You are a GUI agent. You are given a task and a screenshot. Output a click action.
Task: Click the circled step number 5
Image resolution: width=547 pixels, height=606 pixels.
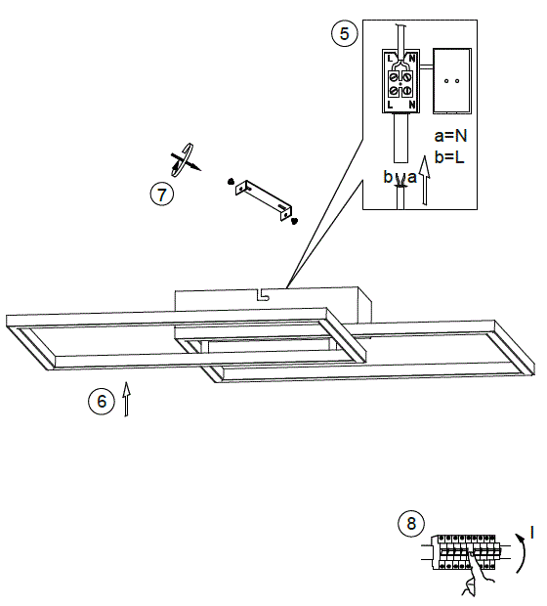click(x=342, y=34)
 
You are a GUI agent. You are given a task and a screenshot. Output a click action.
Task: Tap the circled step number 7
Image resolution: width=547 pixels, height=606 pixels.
click(x=162, y=193)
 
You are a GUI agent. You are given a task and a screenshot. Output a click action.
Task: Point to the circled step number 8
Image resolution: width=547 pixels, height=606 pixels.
click(x=411, y=524)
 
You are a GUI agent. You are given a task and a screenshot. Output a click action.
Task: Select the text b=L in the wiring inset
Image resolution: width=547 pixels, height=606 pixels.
click(x=451, y=155)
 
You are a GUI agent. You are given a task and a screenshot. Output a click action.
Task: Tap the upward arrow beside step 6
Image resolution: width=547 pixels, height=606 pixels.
click(x=127, y=402)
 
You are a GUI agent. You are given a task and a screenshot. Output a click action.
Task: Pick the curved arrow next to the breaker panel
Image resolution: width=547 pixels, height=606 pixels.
click(x=517, y=555)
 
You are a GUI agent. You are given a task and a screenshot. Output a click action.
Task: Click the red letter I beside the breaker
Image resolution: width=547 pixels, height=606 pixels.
click(x=532, y=533)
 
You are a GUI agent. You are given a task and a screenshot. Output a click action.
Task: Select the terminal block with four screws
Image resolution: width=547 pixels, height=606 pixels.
click(x=401, y=81)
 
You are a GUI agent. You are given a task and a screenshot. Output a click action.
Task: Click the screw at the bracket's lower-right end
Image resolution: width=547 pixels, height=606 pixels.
click(x=294, y=222)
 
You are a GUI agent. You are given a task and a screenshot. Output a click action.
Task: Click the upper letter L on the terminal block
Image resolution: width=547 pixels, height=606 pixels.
click(x=391, y=58)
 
